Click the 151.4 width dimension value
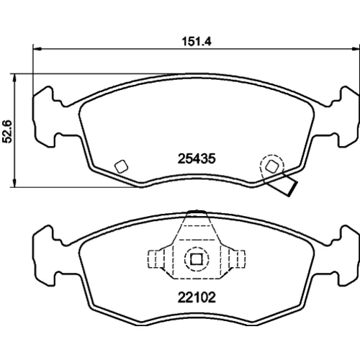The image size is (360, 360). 197,42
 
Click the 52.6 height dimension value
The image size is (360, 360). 7,131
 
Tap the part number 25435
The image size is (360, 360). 197,158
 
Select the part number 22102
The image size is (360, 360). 197,297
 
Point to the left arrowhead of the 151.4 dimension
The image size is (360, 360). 37,49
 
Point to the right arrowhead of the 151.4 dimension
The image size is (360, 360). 356,49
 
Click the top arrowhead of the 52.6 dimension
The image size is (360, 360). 15,78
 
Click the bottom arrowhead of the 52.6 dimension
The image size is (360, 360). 15,182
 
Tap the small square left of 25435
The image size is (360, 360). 121,166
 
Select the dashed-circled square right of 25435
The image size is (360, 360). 272,166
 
